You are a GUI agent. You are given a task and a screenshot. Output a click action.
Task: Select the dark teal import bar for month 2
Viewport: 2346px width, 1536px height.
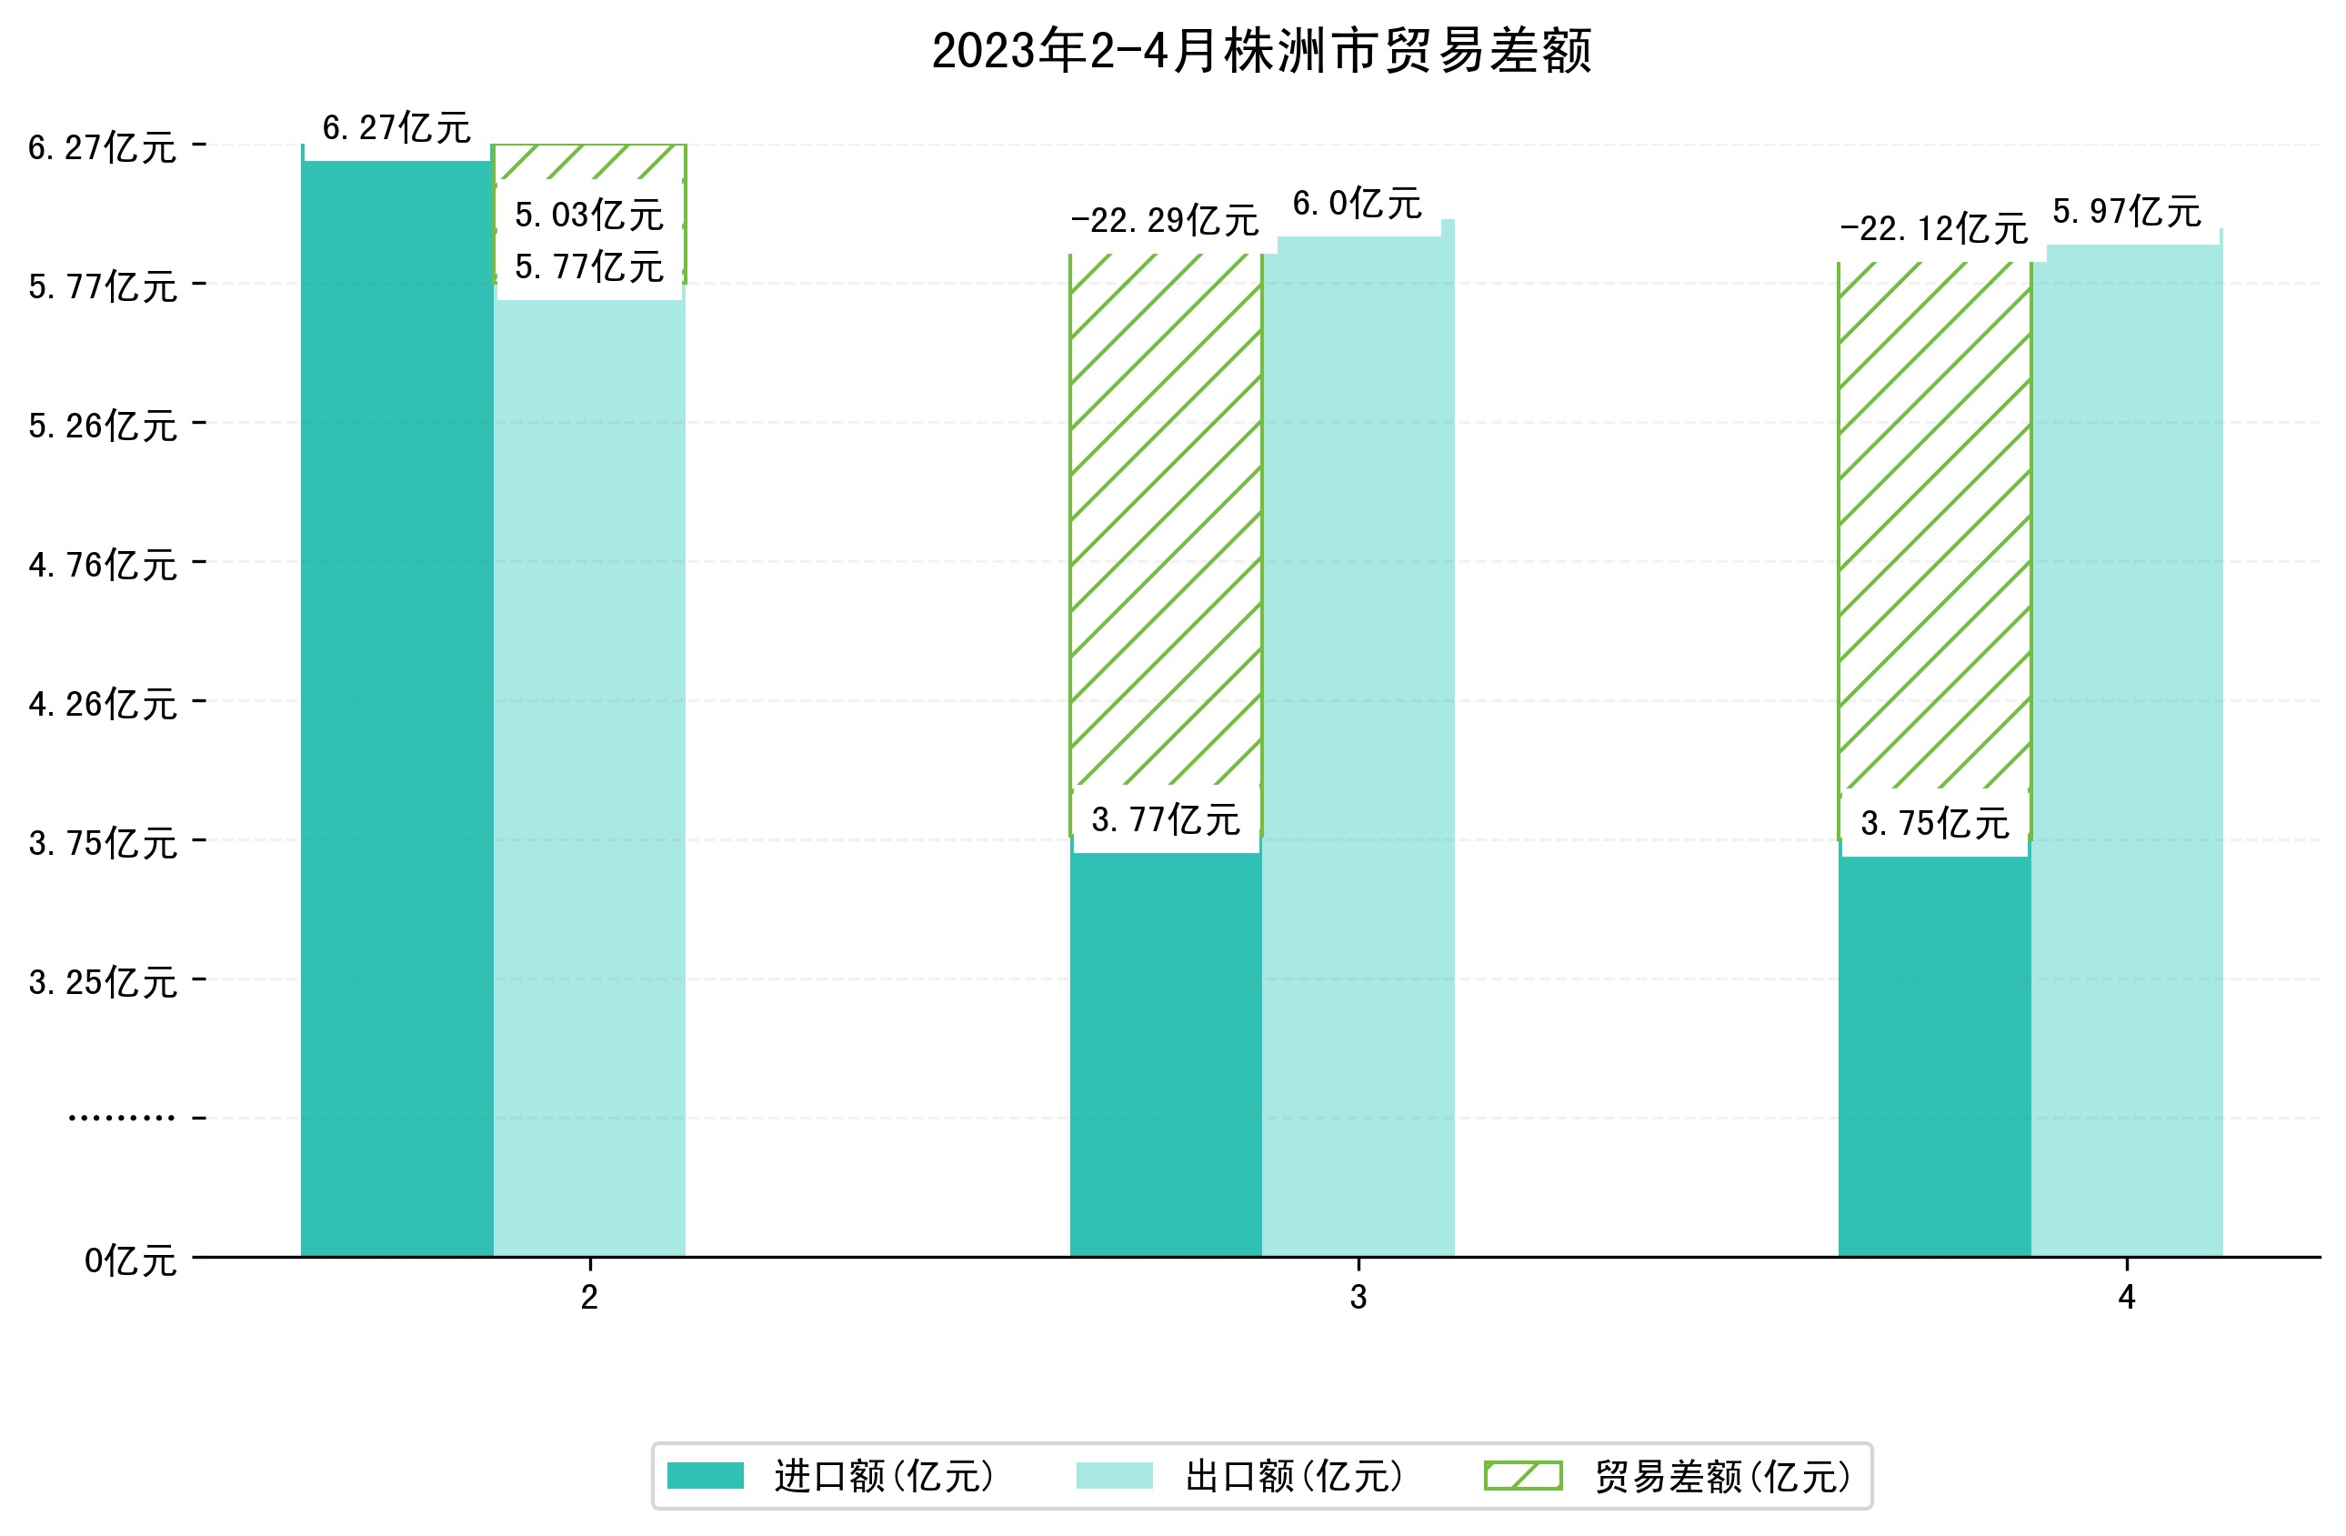[x=396, y=710]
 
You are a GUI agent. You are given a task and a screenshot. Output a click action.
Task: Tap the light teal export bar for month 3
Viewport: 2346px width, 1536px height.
[x=1358, y=749]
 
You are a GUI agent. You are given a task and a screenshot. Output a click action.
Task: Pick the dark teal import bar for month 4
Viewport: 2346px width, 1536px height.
[x=1933, y=1055]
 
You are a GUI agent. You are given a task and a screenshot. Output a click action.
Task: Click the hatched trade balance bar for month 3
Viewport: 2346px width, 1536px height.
[x=1165, y=523]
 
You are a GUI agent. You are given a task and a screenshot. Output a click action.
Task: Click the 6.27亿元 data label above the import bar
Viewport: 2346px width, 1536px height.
[x=396, y=128]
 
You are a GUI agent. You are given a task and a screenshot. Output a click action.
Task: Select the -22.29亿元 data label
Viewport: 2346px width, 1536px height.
[x=1165, y=221]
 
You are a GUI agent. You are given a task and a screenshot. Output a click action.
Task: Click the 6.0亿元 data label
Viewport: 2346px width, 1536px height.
[x=1358, y=204]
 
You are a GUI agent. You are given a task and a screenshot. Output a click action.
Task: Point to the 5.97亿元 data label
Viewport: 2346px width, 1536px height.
[x=2126, y=212]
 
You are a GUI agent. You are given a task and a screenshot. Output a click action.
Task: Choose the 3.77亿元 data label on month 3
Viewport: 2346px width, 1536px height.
[x=1165, y=820]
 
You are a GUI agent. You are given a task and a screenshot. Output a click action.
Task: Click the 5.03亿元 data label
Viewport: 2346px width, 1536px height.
[x=588, y=215]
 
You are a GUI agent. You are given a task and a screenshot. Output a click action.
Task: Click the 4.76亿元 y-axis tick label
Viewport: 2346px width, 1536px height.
[x=103, y=565]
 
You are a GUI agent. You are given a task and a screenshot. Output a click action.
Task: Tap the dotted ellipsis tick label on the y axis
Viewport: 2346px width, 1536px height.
[x=121, y=1118]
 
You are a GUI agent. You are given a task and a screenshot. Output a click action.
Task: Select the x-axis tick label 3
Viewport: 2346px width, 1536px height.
[x=1358, y=1298]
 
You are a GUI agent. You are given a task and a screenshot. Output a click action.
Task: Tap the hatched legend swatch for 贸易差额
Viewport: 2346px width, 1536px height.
[x=1523, y=1476]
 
